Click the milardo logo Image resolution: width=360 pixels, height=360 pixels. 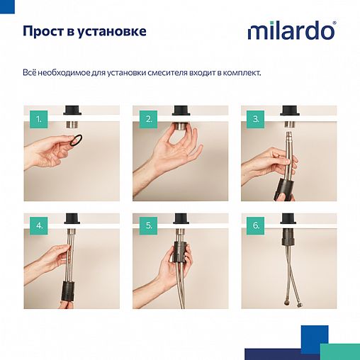tap(291, 31)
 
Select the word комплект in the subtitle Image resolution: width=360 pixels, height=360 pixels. tap(240, 72)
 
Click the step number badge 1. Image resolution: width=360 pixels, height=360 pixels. tap(40, 119)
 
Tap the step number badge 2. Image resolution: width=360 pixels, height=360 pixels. tap(149, 119)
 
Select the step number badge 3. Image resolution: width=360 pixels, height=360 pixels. tap(256, 119)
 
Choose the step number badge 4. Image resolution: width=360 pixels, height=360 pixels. tap(40, 226)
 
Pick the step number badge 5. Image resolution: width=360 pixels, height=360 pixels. tap(149, 226)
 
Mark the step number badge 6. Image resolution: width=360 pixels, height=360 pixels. tap(256, 226)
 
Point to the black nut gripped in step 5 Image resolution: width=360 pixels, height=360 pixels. tap(180, 259)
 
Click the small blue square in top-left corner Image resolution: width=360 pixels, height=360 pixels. tap(5, 5)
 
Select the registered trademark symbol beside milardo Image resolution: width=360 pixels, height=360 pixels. tap(334, 23)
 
